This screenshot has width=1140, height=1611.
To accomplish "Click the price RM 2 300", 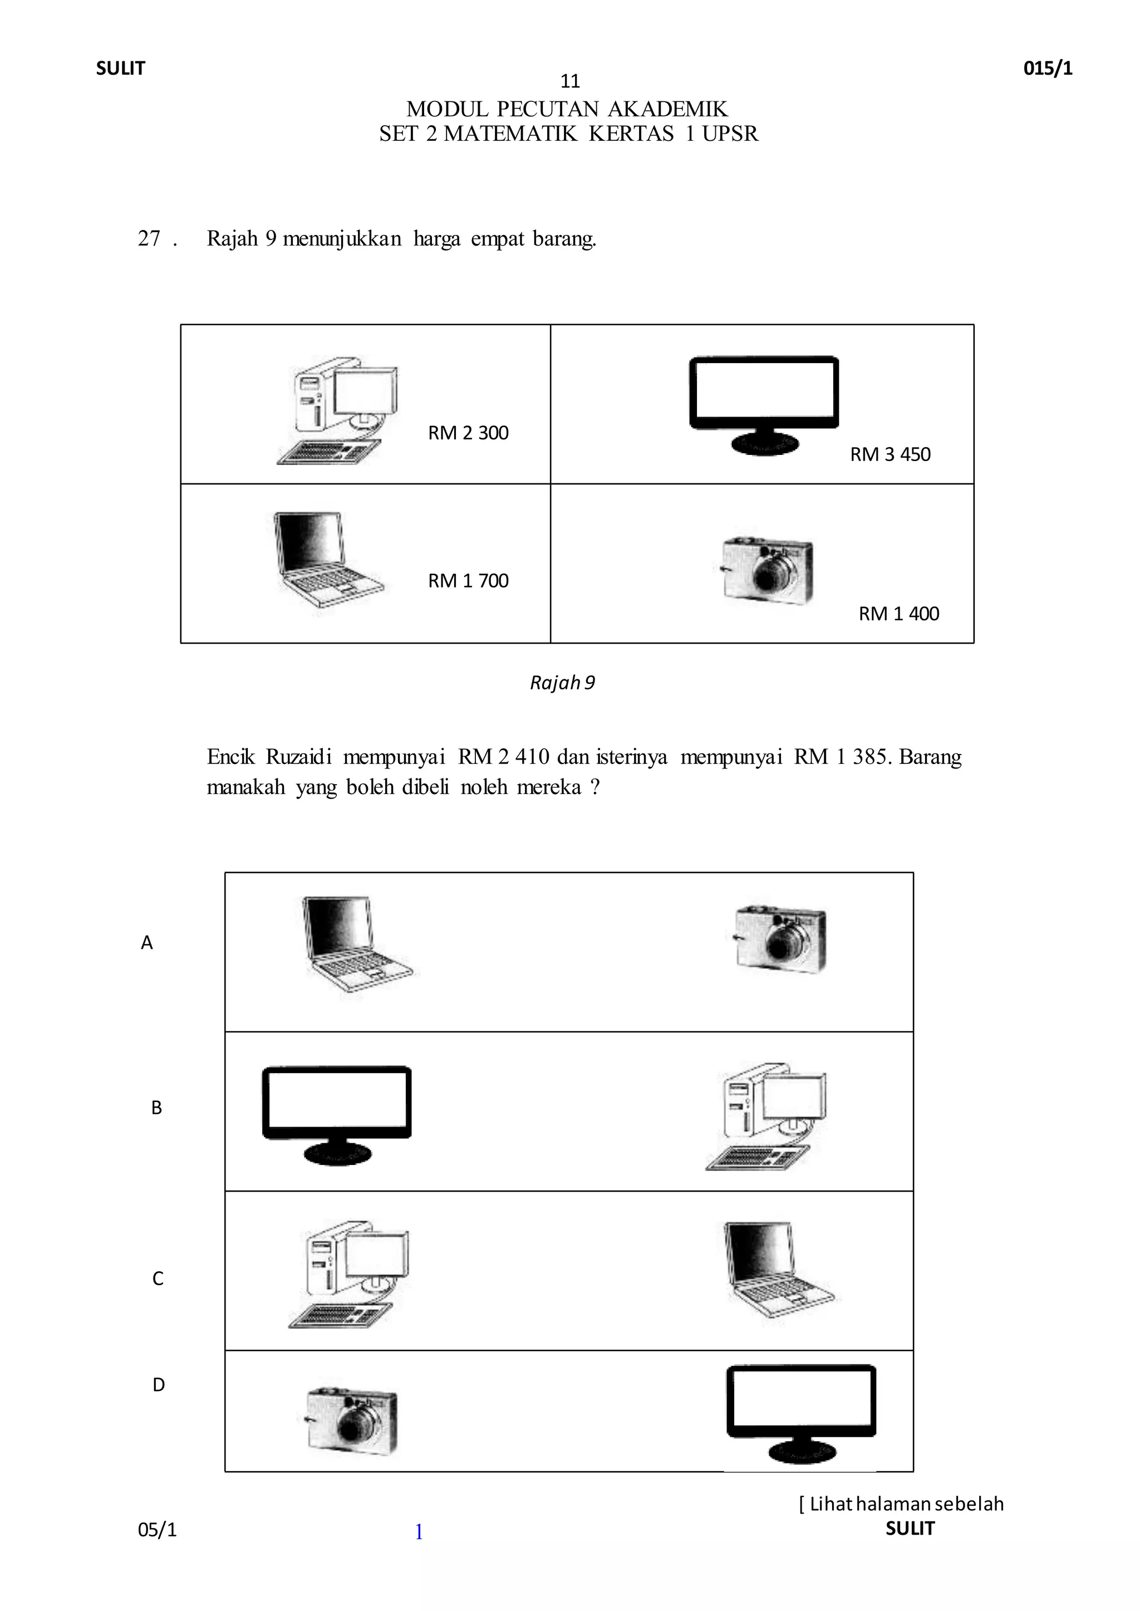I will point(468,433).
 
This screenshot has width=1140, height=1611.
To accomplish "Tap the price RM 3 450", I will point(890,454).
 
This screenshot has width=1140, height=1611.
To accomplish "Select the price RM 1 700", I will point(468,581).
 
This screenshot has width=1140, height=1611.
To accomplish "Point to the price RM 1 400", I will point(898,614).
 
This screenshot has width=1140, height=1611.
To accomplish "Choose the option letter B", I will point(156,1108).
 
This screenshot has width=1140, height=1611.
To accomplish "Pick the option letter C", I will point(158,1279).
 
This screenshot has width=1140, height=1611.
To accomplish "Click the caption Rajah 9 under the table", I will point(562,683).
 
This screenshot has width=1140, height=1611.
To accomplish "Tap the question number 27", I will point(150,239).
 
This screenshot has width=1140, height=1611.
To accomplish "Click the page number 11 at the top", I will point(570,81).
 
